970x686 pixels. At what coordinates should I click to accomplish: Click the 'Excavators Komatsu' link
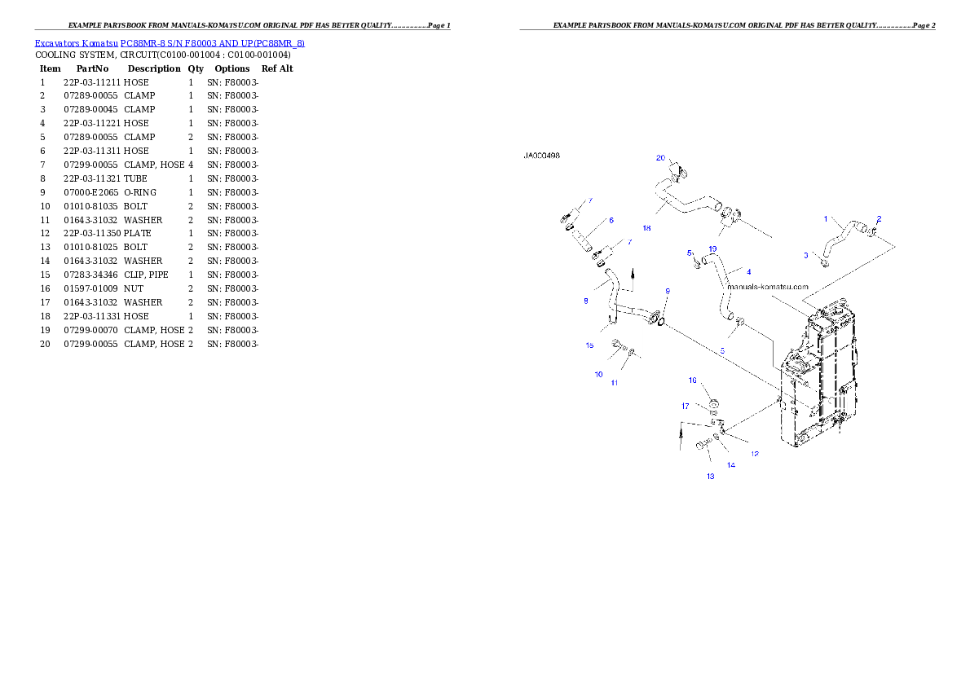(x=76, y=43)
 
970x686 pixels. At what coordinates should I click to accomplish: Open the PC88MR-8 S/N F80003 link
(x=213, y=43)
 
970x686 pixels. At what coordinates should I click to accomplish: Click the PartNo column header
(x=92, y=68)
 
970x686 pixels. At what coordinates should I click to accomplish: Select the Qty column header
(x=196, y=68)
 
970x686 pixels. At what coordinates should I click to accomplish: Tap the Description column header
(x=154, y=68)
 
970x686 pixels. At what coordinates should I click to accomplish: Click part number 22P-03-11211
(x=91, y=82)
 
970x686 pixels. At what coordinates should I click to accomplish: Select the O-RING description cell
(x=140, y=192)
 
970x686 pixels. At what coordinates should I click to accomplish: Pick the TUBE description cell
(x=135, y=178)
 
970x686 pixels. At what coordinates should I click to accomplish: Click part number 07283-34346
(x=90, y=275)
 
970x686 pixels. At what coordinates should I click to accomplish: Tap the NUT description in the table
(x=133, y=289)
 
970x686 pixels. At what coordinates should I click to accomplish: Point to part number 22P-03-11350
(x=91, y=233)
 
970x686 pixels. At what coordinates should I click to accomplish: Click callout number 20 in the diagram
(x=661, y=158)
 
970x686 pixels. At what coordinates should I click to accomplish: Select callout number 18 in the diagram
(x=646, y=228)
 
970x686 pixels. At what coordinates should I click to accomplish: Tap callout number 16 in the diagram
(x=693, y=380)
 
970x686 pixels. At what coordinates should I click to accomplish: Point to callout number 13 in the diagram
(x=710, y=477)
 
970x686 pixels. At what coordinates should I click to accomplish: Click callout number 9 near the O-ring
(x=668, y=291)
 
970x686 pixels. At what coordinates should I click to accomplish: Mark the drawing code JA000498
(x=541, y=156)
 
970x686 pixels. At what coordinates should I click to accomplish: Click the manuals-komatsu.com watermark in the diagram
(x=768, y=287)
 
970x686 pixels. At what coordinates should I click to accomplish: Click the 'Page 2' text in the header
(x=924, y=25)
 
